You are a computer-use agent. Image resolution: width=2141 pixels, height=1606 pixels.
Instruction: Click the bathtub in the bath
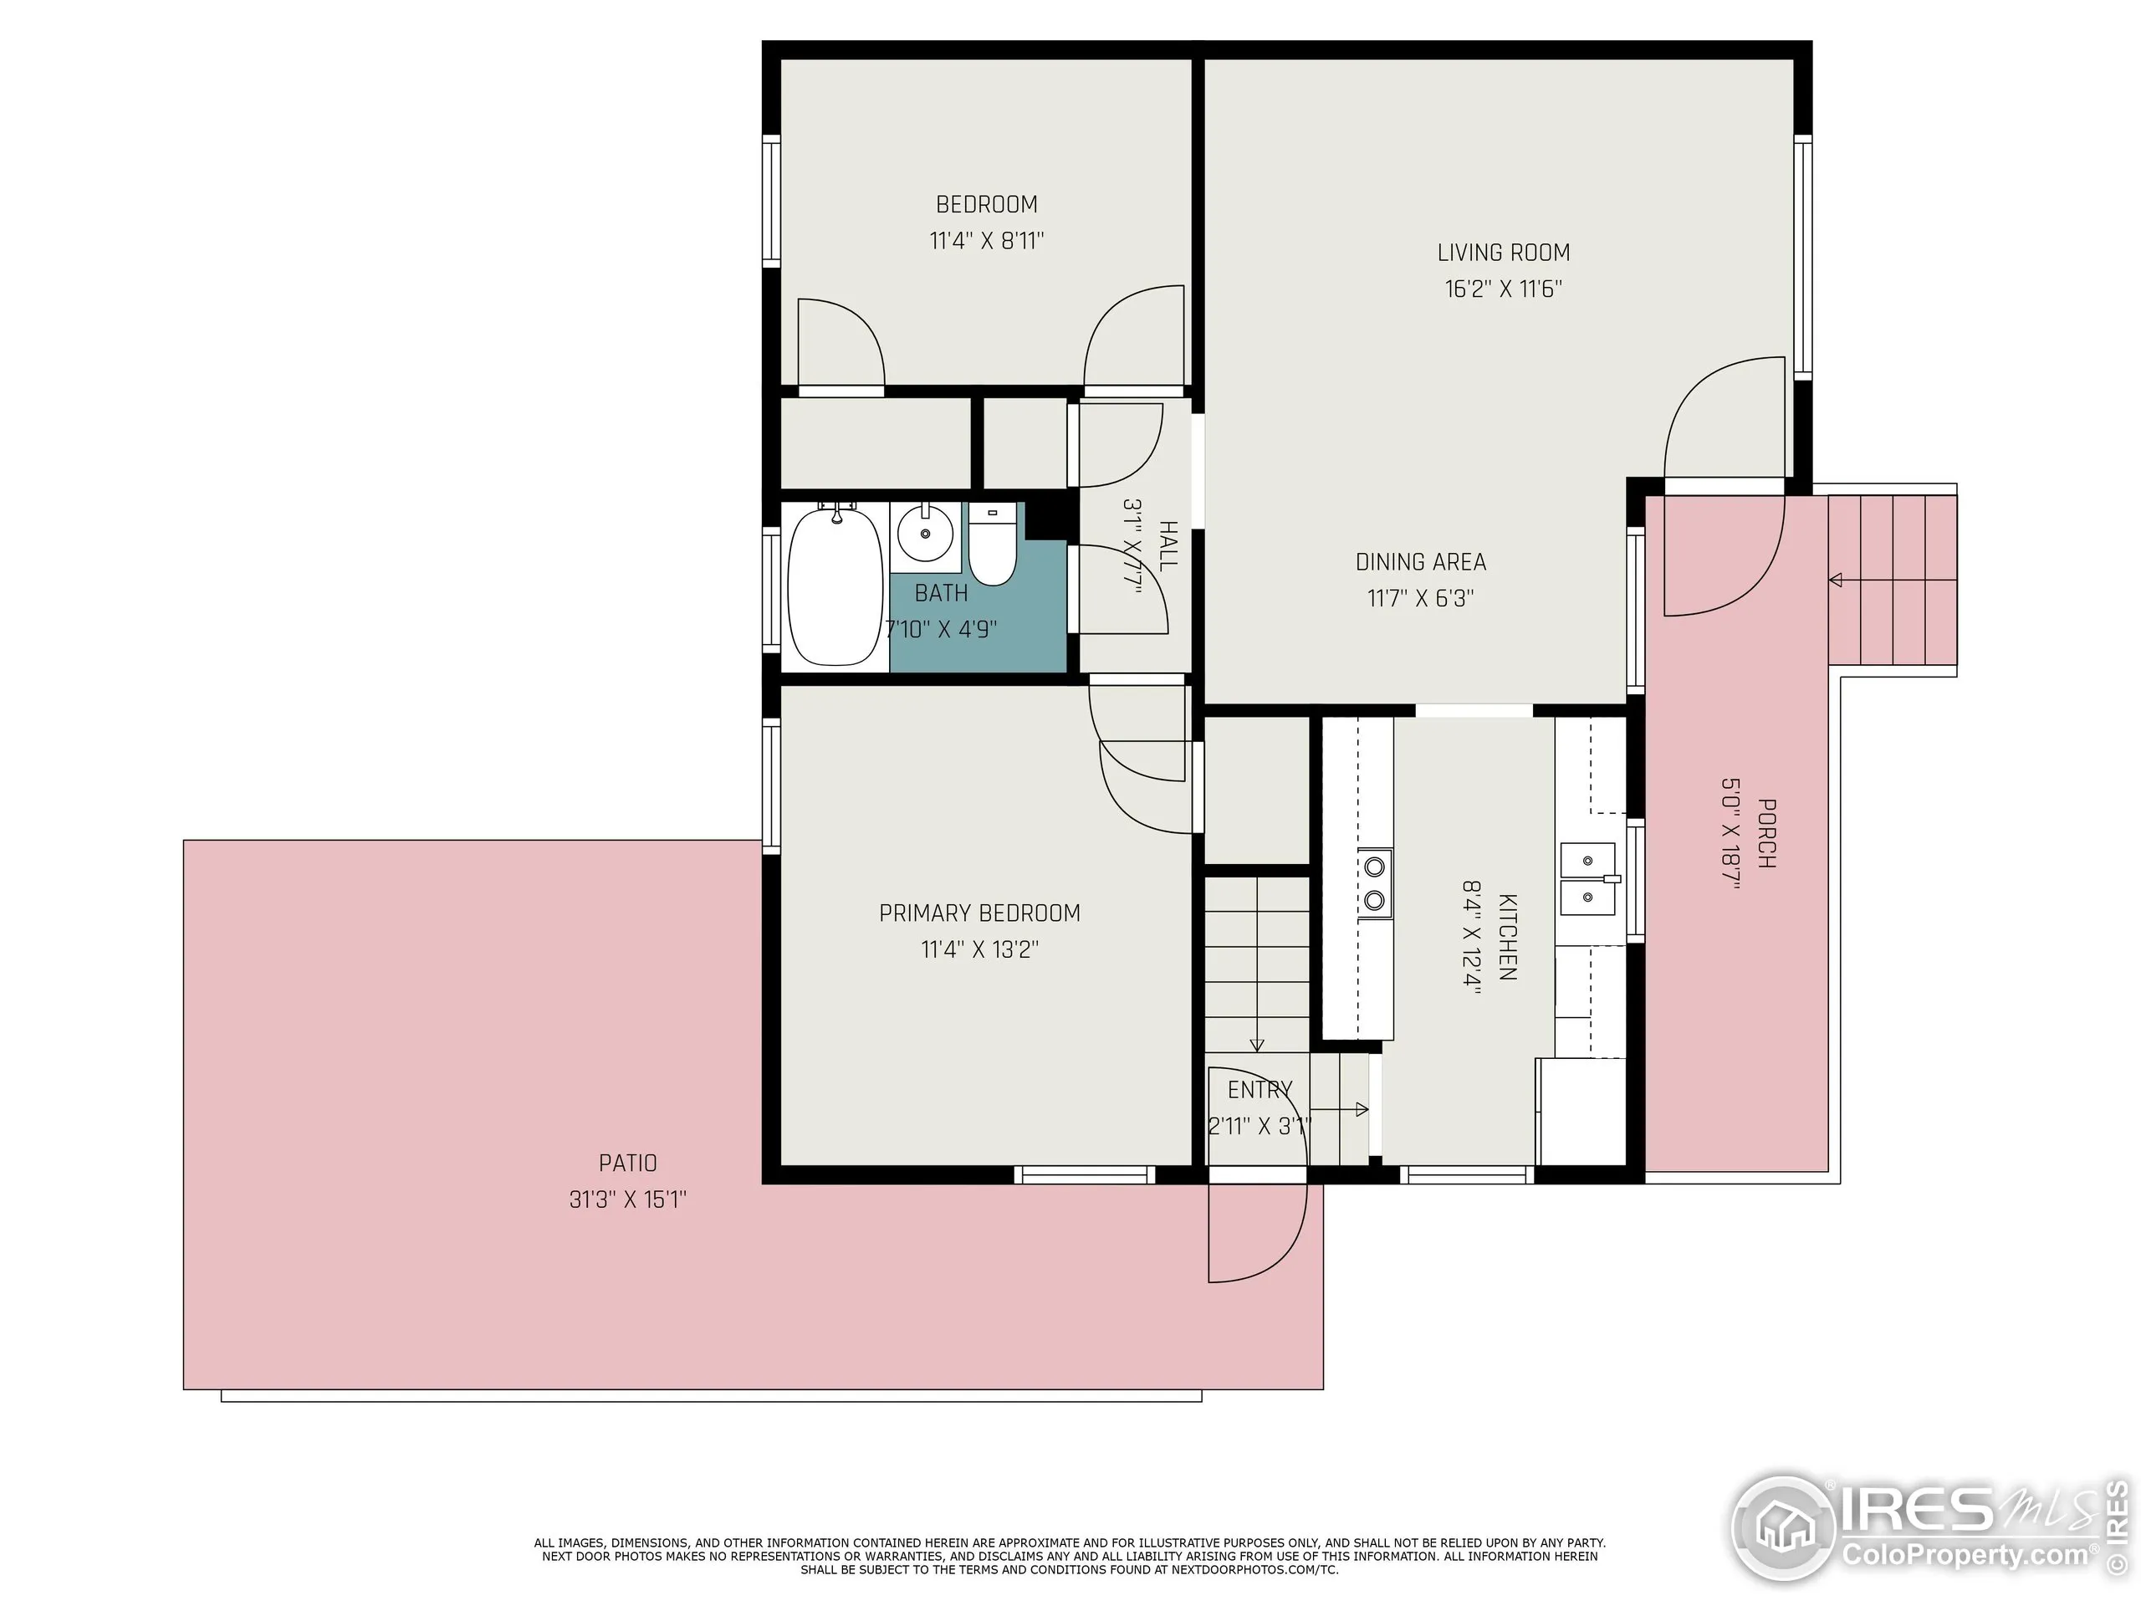[835, 586]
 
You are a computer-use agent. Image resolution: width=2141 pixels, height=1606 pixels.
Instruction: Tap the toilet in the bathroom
[992, 548]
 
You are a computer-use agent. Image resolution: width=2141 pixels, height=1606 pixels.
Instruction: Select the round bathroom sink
[925, 534]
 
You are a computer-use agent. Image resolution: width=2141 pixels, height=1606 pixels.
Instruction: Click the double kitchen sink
[1587, 878]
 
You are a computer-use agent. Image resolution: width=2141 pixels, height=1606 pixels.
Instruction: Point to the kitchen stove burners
[1374, 884]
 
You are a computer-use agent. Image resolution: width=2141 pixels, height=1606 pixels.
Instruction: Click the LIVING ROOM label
[1503, 253]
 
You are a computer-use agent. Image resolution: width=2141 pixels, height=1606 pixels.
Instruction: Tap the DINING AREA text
[1420, 561]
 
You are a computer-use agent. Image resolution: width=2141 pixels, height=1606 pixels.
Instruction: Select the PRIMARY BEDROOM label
[979, 913]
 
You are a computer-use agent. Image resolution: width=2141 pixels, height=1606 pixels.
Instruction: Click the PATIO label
[627, 1163]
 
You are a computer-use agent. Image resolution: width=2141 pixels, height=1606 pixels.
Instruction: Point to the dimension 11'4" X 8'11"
[986, 241]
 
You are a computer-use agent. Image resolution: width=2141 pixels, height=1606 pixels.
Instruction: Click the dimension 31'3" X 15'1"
[627, 1199]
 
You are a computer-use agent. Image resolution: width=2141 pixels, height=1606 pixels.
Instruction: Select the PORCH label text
[1765, 832]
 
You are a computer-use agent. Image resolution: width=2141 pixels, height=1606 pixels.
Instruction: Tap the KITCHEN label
[1507, 936]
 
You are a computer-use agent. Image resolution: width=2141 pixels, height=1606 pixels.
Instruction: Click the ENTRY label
[1260, 1090]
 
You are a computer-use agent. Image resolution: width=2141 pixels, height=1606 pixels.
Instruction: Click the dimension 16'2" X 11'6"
[1503, 289]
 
